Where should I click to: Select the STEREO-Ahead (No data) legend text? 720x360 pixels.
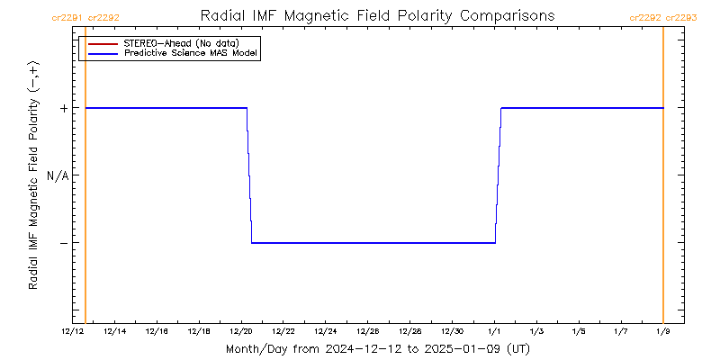point(180,43)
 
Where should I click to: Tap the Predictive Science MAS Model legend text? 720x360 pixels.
point(191,54)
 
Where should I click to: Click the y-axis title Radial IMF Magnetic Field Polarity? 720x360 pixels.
point(33,176)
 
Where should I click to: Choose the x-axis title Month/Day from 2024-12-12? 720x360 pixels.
point(377,348)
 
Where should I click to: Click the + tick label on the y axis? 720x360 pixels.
point(64,108)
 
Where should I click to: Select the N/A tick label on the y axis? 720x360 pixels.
point(58,175)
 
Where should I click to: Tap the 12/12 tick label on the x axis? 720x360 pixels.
point(73,332)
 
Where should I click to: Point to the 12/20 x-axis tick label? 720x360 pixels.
point(242,332)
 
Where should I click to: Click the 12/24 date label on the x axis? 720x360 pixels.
point(326,332)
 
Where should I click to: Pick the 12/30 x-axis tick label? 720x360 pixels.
point(453,332)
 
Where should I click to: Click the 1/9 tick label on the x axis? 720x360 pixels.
point(663,332)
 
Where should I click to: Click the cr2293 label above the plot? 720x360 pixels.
point(681,17)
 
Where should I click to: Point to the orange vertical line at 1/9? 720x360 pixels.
point(663,180)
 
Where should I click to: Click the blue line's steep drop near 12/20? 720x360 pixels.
point(249,175)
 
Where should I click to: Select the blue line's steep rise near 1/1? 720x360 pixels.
point(498,175)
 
